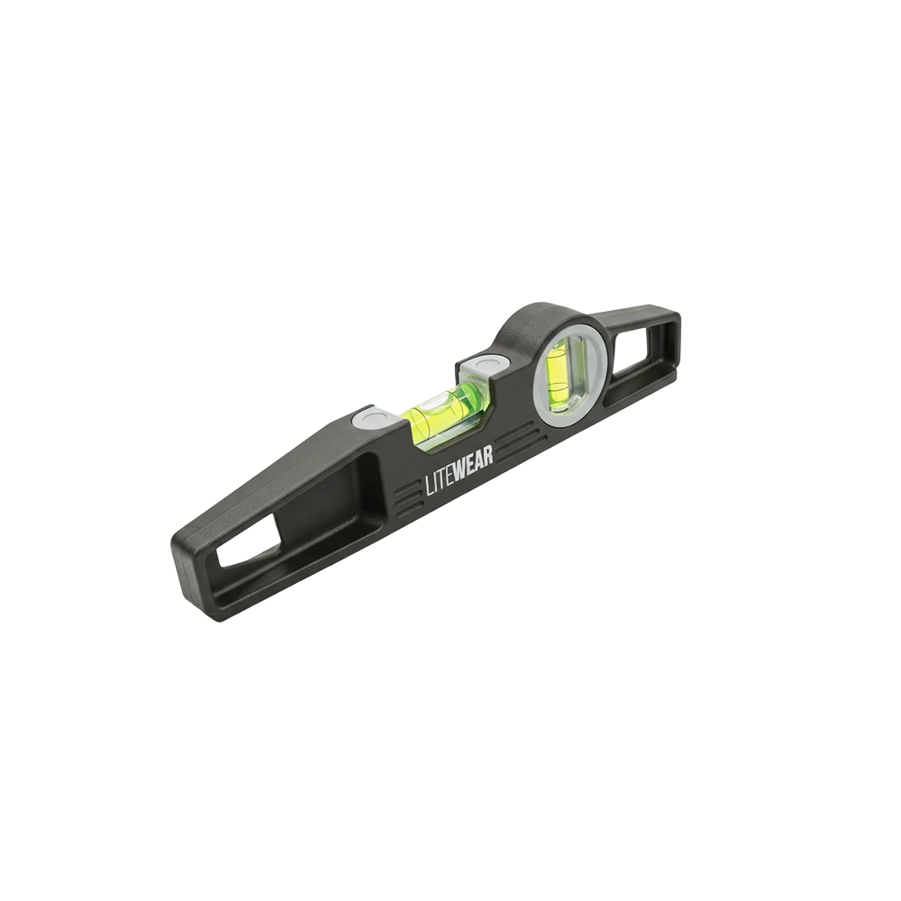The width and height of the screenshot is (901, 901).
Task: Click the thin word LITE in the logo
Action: point(440,487)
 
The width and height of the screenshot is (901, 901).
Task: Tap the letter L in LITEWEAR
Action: point(427,493)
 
